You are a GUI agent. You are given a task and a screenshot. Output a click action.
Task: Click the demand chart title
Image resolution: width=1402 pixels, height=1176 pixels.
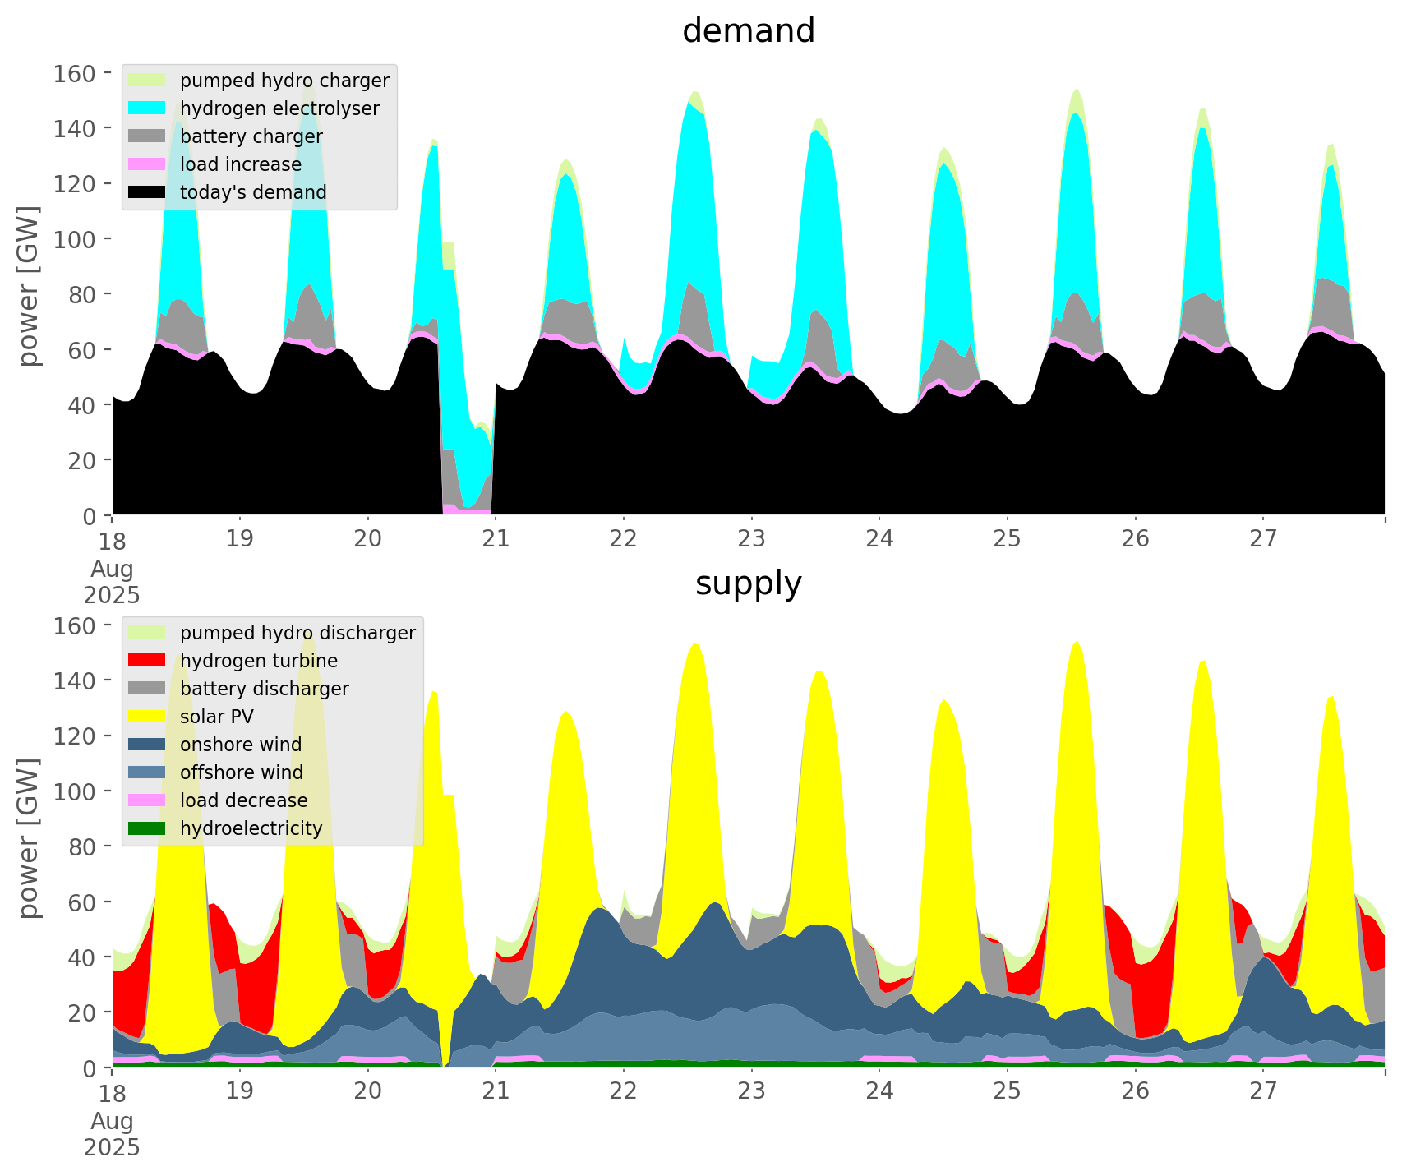(x=748, y=31)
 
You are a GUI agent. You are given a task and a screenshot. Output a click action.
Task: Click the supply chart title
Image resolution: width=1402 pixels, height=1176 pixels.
(x=748, y=583)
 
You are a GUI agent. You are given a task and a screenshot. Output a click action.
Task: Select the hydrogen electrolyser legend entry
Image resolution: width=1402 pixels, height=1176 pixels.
(x=279, y=108)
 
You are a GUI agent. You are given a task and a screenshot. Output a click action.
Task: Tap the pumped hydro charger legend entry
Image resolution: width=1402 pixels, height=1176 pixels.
(x=284, y=81)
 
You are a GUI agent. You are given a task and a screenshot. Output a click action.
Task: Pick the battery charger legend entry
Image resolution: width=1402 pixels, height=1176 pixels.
(x=251, y=136)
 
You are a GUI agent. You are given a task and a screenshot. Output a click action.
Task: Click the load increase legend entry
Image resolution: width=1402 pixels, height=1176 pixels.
(x=240, y=164)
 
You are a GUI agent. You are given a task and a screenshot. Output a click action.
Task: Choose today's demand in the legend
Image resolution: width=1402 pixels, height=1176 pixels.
(x=253, y=192)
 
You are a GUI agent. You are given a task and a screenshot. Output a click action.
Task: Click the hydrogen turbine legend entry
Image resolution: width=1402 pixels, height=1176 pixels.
(x=258, y=661)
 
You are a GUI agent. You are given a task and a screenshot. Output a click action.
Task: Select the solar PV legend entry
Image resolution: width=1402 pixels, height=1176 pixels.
(x=216, y=717)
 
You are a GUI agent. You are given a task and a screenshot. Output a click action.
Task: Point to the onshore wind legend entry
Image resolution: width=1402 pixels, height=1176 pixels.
(x=240, y=745)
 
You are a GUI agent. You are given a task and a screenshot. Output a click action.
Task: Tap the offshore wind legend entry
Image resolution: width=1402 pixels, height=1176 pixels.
(x=241, y=772)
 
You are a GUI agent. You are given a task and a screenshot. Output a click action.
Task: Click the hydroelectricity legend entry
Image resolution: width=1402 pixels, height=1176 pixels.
(x=251, y=828)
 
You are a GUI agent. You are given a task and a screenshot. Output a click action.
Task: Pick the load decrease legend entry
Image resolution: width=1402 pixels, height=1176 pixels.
(x=243, y=800)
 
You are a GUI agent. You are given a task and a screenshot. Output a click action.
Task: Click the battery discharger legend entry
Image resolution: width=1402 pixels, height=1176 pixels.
(x=264, y=689)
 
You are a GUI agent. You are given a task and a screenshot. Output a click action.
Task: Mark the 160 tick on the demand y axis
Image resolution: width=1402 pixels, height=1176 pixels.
(x=73, y=74)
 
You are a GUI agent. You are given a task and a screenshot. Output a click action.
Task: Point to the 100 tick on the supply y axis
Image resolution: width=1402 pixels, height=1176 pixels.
(x=73, y=791)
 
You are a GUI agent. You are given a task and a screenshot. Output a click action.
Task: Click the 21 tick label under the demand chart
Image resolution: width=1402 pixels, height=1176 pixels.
(x=496, y=539)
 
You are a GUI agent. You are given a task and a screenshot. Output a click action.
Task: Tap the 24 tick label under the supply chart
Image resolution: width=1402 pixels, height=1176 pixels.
(x=879, y=1091)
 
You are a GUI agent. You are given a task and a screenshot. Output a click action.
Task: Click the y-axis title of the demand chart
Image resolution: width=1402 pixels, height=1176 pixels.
(x=29, y=286)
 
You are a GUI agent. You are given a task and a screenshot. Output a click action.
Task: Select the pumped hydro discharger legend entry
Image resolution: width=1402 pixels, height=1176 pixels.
(x=297, y=633)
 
